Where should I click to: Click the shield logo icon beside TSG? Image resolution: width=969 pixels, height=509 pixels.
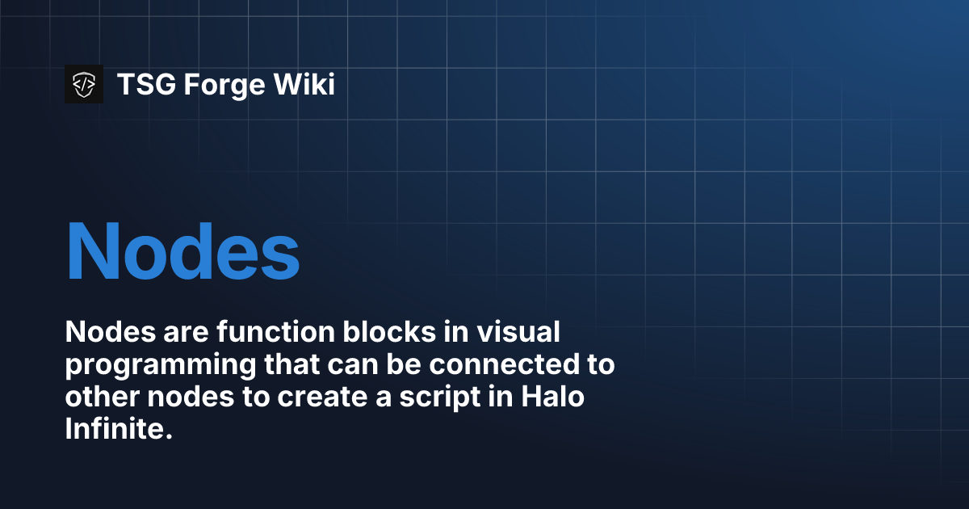click(84, 84)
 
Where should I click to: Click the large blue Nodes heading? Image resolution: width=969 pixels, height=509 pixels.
click(182, 251)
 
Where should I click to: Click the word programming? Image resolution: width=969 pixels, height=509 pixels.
click(157, 365)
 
